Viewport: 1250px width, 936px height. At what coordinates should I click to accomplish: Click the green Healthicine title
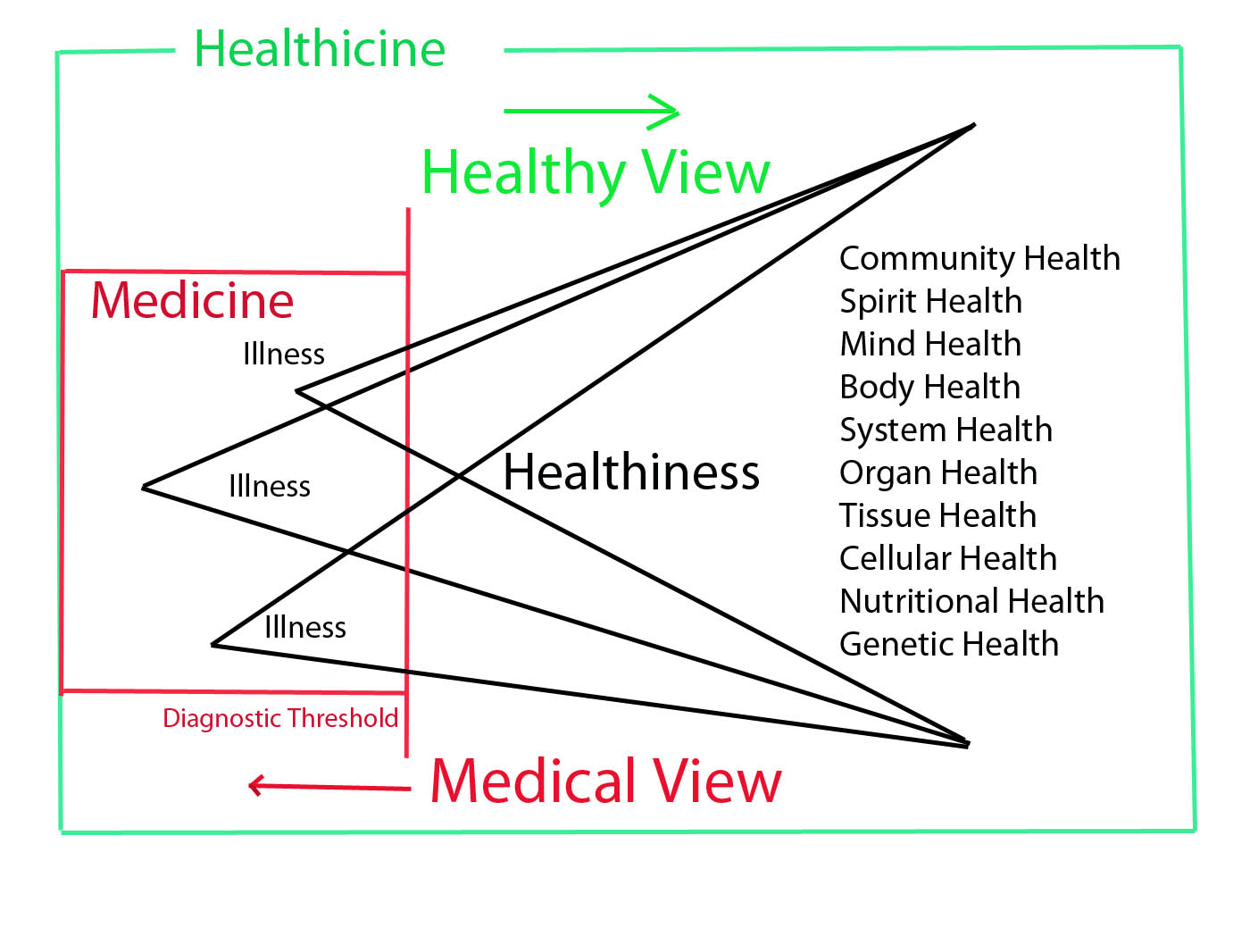[320, 49]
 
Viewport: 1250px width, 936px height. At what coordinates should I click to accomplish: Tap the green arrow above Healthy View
[592, 112]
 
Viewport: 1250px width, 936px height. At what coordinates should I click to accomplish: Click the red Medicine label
[192, 300]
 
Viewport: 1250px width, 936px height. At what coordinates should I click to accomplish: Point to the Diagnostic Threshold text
[280, 718]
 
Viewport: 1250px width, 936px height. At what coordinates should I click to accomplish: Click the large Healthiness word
[631, 472]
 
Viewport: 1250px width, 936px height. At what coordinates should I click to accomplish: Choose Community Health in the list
[979, 258]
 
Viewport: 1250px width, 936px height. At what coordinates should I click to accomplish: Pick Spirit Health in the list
[930, 302]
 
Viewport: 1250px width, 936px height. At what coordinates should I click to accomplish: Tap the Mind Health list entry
[930, 344]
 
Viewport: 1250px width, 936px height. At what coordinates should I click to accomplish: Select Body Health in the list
[929, 387]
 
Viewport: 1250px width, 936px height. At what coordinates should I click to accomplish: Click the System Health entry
[946, 430]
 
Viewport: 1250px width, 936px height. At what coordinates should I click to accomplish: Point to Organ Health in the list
[938, 472]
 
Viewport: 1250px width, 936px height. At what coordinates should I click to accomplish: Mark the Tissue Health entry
[937, 515]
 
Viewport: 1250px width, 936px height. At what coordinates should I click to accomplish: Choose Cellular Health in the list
[948, 558]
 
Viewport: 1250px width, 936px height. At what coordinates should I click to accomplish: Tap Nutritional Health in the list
[971, 601]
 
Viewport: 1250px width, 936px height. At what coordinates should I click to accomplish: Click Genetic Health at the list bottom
[949, 644]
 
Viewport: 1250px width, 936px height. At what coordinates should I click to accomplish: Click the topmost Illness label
[284, 355]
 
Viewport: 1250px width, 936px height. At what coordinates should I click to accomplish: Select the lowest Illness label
[305, 628]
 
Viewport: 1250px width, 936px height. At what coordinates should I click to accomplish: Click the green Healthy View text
[596, 172]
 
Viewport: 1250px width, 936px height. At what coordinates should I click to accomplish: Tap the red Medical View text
[605, 781]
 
